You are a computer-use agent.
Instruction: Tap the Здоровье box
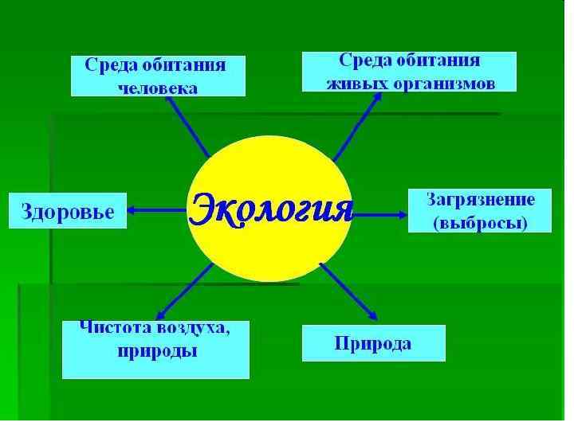[67, 211]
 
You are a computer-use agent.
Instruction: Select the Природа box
[373, 344]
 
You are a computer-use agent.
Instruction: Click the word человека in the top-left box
[157, 87]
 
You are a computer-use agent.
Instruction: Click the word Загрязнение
[479, 201]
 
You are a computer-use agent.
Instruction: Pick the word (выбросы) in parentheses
[480, 223]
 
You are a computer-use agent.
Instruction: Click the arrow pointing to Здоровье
[156, 211]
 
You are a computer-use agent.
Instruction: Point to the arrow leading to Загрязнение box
[381, 213]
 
